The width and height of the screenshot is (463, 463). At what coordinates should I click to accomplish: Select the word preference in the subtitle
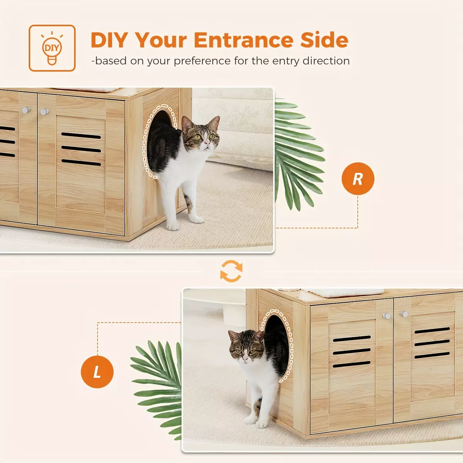[x=202, y=61]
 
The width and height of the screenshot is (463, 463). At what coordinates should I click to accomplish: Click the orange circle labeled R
[x=358, y=179]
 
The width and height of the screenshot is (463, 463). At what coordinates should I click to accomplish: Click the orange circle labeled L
[x=97, y=372]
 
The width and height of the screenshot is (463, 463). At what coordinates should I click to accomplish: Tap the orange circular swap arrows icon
[x=231, y=271]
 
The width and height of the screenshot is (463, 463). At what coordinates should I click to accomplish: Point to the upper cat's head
[x=201, y=133]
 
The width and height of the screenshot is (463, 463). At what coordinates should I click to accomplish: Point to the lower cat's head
[x=247, y=346]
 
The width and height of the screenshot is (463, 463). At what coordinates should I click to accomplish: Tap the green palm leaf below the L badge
[x=157, y=389]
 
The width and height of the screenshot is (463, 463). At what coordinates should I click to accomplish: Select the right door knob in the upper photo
[x=44, y=112]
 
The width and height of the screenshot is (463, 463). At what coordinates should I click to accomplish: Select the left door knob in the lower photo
[x=387, y=316]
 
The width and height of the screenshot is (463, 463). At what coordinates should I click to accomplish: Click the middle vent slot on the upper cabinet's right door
[x=81, y=149]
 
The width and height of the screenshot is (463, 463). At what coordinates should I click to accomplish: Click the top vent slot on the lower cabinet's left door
[x=351, y=338]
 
